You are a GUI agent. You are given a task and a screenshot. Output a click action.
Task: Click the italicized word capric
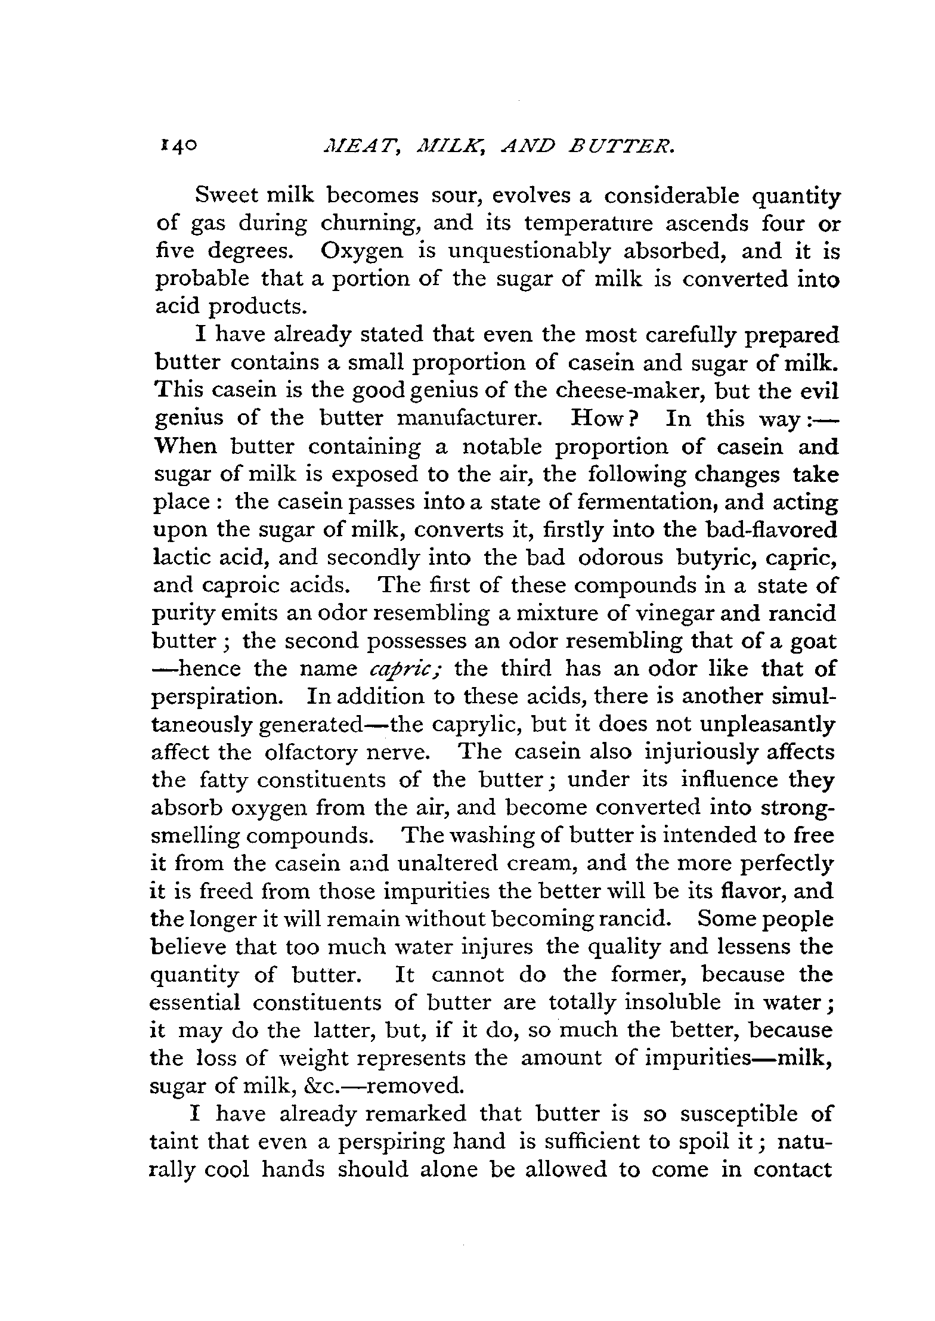click(x=404, y=669)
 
